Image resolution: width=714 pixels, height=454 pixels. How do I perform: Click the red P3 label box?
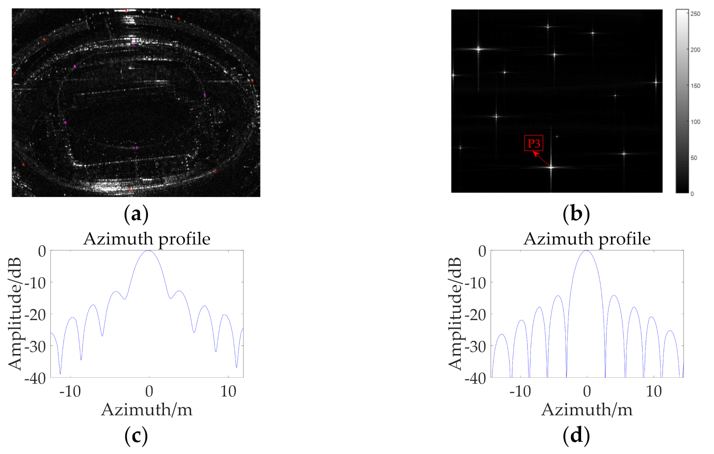coord(533,143)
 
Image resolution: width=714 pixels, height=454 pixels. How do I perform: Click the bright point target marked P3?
coord(551,167)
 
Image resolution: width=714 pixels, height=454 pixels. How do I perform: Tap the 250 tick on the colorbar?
coord(695,14)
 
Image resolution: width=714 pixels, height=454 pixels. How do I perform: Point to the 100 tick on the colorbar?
coord(695,122)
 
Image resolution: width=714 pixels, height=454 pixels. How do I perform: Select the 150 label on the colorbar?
coord(695,86)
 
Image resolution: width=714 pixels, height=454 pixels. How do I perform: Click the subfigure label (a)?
coord(136,214)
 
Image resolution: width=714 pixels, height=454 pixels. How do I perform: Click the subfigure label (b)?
coord(576,214)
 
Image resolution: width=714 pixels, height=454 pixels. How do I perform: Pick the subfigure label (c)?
coord(136,436)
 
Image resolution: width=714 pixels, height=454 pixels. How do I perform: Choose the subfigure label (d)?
coord(576,436)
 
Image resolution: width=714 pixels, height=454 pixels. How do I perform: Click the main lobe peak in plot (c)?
coord(149,251)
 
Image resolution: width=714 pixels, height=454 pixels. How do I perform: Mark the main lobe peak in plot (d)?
coord(586,251)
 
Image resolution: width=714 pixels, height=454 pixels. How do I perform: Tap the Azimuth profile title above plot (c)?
coord(147,239)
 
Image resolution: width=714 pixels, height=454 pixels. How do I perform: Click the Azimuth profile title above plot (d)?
coord(586,239)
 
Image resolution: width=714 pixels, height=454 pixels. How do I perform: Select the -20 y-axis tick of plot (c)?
coord(35,315)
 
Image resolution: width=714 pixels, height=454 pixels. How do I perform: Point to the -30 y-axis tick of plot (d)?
coord(475,346)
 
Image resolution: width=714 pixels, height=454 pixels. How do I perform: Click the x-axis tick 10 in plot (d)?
coord(653,391)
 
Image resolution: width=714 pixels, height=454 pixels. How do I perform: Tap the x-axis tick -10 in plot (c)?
coord(70,391)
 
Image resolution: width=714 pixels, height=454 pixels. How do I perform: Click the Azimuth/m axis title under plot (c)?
coord(147,410)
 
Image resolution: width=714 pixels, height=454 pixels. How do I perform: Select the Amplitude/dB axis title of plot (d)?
coord(455,314)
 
